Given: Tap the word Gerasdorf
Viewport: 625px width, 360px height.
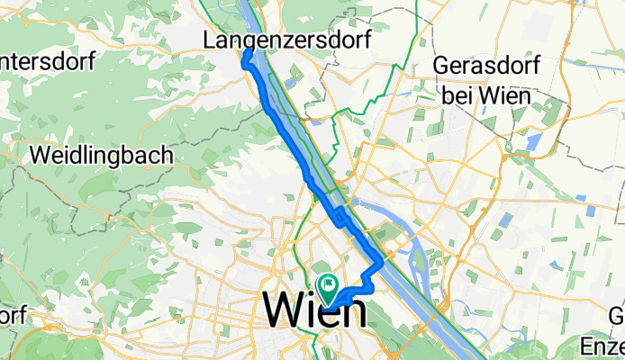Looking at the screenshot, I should coord(486,67).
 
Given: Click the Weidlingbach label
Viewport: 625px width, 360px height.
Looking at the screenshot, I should coord(101,155).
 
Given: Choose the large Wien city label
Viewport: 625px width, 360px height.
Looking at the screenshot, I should coord(314,312).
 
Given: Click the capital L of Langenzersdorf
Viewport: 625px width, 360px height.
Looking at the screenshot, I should coord(211,40).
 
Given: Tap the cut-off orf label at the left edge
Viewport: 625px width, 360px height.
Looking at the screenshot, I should coord(11,316).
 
